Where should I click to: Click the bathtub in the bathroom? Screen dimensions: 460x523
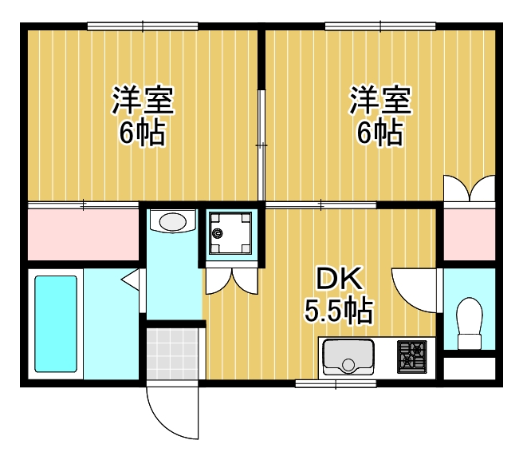pos(56,323)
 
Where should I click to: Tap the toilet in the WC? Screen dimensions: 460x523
pos(470,323)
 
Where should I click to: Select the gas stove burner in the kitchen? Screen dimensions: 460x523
pos(413,355)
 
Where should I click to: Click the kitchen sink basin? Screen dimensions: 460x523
pos(348,357)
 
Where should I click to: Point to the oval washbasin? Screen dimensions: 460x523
pos(171,220)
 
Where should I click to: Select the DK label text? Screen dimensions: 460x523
pos(340,280)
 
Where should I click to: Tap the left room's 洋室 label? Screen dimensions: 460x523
pos(143,101)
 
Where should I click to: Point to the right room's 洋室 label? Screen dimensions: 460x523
pos(380,101)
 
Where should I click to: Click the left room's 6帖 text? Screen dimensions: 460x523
pos(143,133)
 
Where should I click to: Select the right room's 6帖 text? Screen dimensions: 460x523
pos(380,133)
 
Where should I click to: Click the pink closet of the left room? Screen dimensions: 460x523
pos(83,232)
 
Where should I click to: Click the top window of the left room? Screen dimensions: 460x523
pos(143,26)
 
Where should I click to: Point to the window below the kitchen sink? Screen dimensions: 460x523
pos(324,384)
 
